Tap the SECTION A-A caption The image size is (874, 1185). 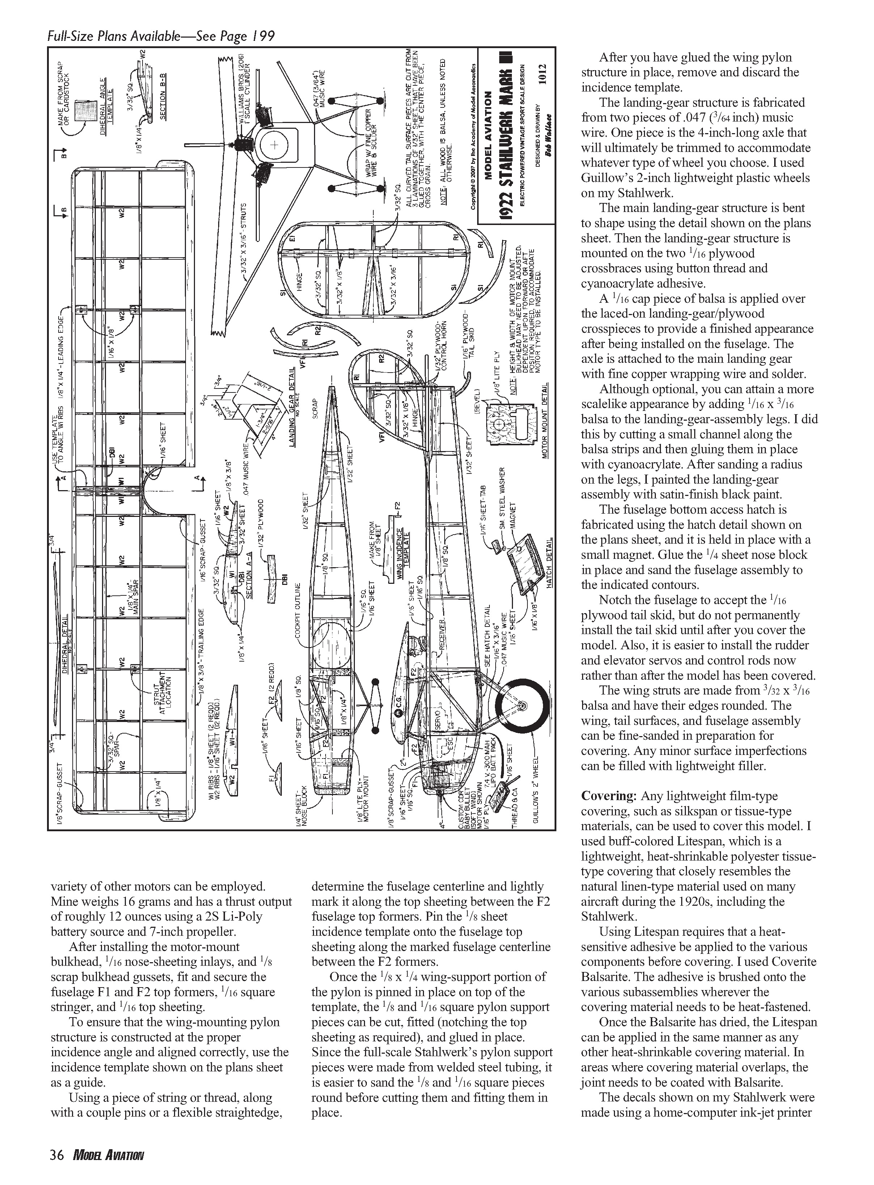250,577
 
